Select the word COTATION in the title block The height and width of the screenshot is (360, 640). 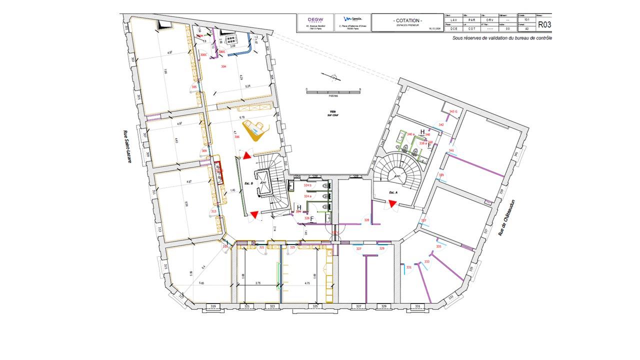[407, 20]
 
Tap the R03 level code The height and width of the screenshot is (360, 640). [543, 23]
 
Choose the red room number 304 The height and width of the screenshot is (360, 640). [223, 66]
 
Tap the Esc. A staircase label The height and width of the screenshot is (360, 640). [393, 191]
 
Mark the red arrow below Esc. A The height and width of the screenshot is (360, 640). [393, 203]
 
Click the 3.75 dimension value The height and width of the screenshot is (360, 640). [258, 283]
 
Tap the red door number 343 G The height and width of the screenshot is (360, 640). [453, 111]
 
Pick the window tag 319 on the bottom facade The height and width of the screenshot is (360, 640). [212, 305]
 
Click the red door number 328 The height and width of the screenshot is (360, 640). [366, 220]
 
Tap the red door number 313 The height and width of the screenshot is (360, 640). [214, 212]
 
